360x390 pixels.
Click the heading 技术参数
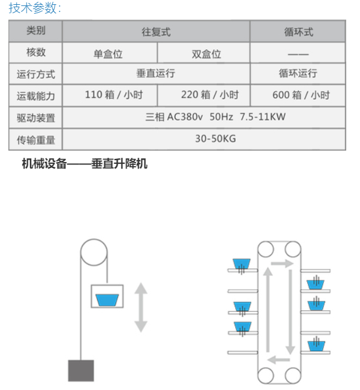(x=35, y=8)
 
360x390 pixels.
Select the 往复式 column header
(x=156, y=32)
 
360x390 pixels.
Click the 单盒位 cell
(x=108, y=54)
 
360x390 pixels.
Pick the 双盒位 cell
(x=206, y=54)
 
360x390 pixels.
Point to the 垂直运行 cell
(x=156, y=73)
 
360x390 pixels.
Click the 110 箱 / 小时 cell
(x=113, y=95)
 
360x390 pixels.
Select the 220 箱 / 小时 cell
(x=210, y=95)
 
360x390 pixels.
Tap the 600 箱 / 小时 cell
(x=301, y=95)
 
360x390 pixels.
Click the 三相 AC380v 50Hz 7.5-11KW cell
(x=215, y=116)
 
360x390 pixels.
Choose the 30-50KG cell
(x=215, y=139)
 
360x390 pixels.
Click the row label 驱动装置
(x=36, y=118)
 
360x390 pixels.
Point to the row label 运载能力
(x=36, y=96)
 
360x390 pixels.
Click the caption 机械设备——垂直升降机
(x=85, y=164)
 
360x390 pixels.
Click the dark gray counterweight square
(x=81, y=370)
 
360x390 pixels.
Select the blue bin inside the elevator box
(x=107, y=300)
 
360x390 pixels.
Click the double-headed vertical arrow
(x=141, y=307)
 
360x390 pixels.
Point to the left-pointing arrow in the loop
(x=278, y=359)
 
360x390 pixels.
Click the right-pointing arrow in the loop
(x=282, y=263)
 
